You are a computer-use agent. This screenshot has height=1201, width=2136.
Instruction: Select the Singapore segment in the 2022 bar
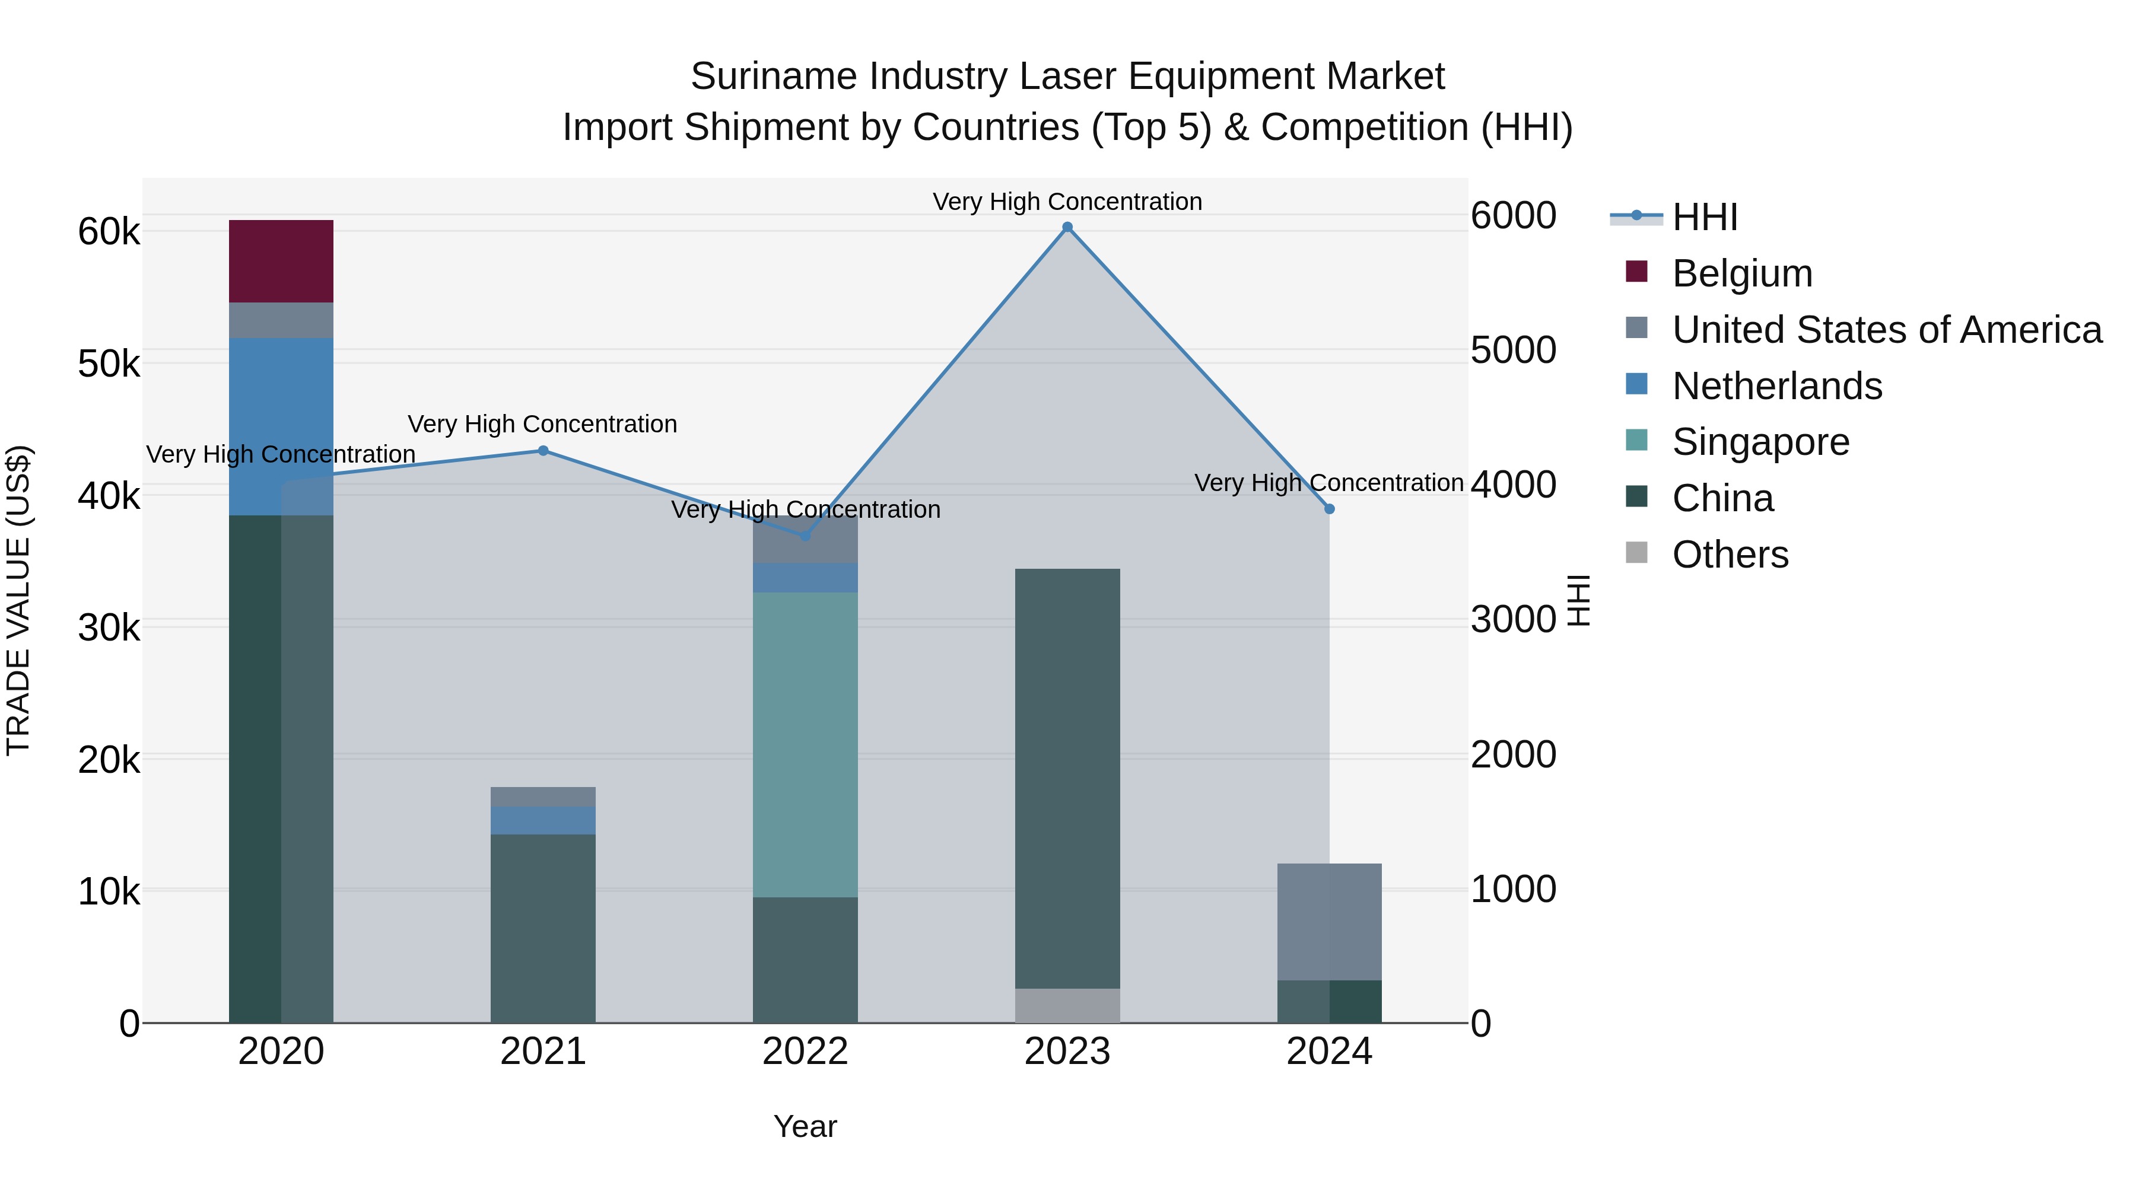(805, 744)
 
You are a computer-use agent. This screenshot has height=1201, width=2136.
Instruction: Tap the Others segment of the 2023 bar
(1067, 1005)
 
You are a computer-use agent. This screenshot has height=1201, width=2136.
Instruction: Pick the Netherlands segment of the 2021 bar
(542, 820)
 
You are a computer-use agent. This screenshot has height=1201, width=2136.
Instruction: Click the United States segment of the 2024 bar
(1329, 922)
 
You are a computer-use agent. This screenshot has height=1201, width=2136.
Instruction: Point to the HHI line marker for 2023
(1067, 227)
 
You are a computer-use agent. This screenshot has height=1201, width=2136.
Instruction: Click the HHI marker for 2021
(543, 451)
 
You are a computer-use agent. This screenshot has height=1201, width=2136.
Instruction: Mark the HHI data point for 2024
(1329, 509)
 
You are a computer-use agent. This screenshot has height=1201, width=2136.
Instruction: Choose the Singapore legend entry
(1760, 442)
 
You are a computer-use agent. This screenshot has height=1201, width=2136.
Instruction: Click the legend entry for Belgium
(1741, 273)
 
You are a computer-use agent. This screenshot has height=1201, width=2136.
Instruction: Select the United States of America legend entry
(1886, 330)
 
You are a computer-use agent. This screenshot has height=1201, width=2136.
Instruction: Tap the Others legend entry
(1730, 555)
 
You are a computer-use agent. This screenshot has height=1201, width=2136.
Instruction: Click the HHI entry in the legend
(1704, 217)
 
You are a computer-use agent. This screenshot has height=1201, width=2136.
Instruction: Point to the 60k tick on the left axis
(109, 232)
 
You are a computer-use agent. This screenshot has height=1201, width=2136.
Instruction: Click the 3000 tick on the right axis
(1513, 619)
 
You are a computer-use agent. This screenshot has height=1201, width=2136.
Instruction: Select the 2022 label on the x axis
(805, 1052)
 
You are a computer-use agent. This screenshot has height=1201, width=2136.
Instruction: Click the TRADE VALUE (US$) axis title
(18, 600)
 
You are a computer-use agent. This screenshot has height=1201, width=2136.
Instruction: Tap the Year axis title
(805, 1126)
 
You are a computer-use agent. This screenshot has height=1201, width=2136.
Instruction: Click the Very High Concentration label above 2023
(1067, 202)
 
